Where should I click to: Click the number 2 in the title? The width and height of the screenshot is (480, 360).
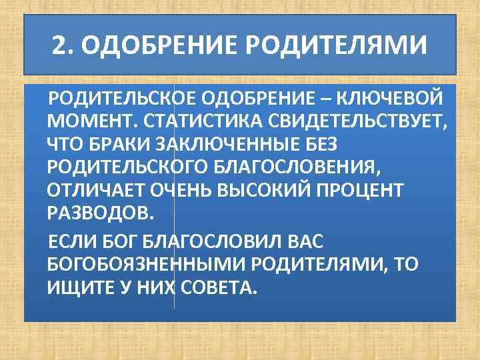(60, 47)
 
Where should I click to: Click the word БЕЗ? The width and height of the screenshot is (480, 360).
(323, 145)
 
